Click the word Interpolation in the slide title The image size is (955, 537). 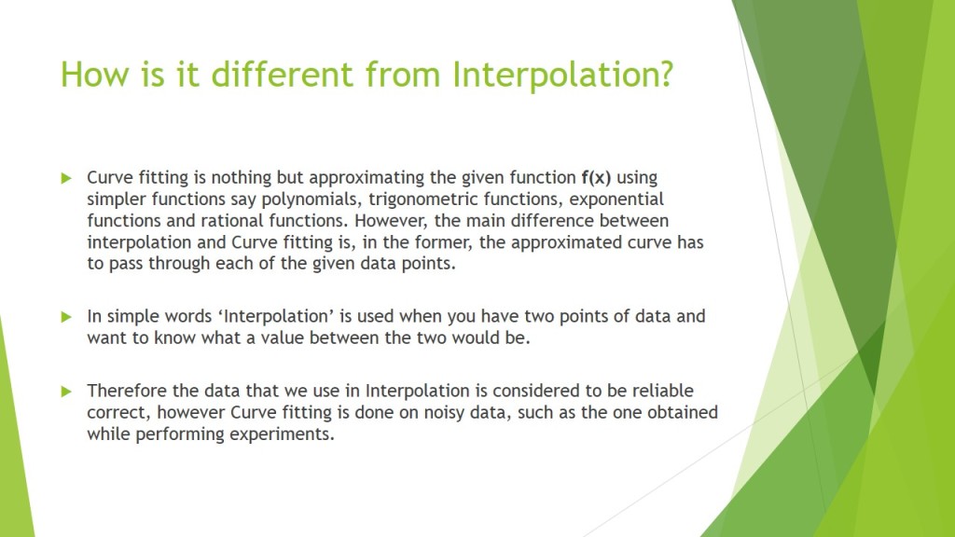561,74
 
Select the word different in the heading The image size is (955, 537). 283,74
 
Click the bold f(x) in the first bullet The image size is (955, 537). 596,177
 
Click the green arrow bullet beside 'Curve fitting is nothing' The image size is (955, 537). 66,177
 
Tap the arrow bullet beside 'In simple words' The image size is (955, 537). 66,316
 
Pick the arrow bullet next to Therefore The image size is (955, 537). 66,390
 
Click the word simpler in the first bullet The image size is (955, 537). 117,199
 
